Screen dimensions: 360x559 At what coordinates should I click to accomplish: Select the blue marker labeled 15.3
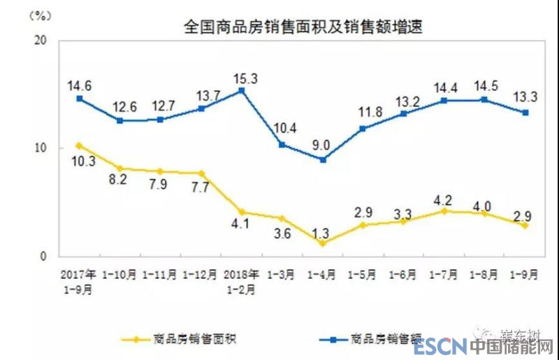click(x=241, y=90)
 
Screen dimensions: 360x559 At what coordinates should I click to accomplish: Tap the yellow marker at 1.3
click(x=322, y=243)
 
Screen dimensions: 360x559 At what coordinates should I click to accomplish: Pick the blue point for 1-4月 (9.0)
click(x=322, y=159)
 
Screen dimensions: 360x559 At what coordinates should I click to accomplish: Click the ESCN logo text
click(x=438, y=347)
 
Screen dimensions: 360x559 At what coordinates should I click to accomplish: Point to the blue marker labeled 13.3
click(x=524, y=113)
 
